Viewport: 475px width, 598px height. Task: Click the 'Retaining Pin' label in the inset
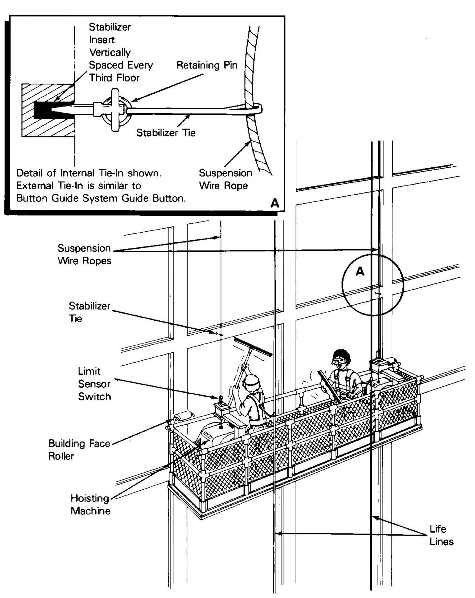click(207, 66)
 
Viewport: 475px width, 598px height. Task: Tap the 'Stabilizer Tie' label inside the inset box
click(165, 133)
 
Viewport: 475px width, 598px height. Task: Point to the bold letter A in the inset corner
click(275, 203)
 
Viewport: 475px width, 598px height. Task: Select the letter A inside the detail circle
click(360, 271)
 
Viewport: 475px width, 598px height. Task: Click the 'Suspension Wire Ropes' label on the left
click(84, 254)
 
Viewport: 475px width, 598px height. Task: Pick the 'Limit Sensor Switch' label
click(94, 384)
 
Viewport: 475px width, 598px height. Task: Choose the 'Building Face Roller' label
click(79, 450)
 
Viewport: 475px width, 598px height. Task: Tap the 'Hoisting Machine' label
click(90, 504)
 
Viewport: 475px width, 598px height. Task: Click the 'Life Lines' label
click(441, 535)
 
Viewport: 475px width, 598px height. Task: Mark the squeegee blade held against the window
click(253, 347)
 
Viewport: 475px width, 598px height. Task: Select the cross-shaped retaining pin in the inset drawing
click(115, 109)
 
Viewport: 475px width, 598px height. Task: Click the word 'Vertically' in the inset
click(110, 52)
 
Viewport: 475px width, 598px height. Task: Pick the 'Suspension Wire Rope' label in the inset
click(225, 179)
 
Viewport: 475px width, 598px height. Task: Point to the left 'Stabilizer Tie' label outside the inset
click(89, 312)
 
